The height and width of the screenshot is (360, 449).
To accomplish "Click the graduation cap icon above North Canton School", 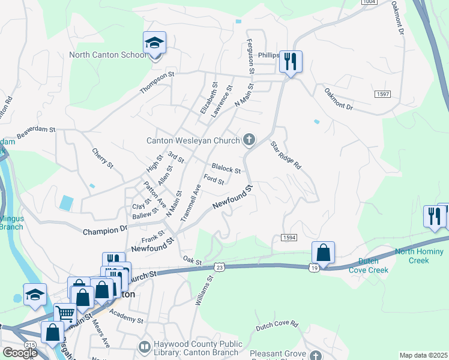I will (x=154, y=43).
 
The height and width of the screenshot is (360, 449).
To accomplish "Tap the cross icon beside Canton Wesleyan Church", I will (x=249, y=140).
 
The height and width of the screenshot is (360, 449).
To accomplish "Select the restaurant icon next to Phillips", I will (x=291, y=61).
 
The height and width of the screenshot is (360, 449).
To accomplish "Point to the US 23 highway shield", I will (x=220, y=267).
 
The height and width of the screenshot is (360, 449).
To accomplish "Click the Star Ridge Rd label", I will (x=285, y=155).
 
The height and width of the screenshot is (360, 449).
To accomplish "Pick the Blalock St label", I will (x=226, y=169).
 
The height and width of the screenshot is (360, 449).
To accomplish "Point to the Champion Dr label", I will (x=105, y=230).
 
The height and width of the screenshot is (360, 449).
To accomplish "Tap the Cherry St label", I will (x=103, y=157).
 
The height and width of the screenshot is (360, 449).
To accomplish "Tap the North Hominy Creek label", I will (x=420, y=256).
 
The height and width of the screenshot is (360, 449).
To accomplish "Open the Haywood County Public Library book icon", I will (x=144, y=347).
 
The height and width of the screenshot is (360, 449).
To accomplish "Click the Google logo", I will (x=19, y=352).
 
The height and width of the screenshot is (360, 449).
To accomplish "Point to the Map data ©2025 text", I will (x=423, y=355).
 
